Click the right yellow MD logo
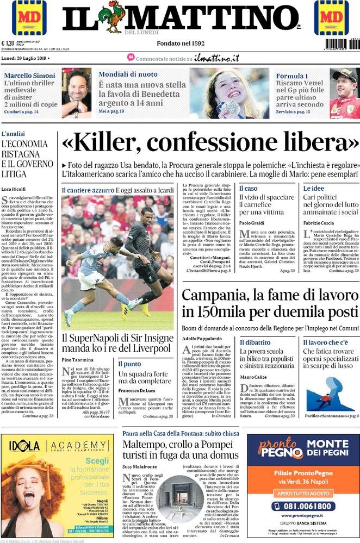click(331, 17)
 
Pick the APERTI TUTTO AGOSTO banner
click(301, 492)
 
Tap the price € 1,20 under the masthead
click(8, 44)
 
